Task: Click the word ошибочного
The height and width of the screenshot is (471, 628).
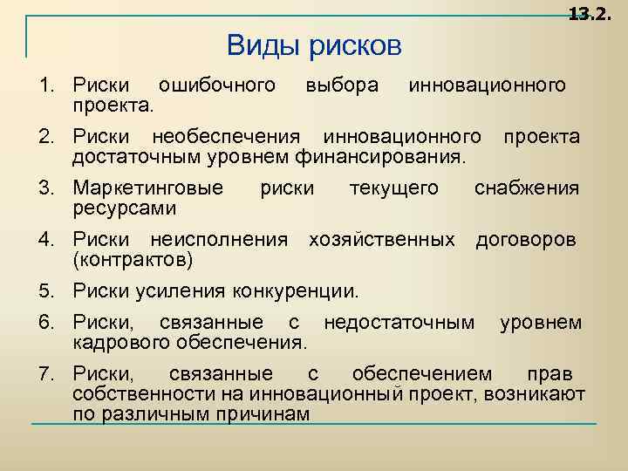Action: coord(215,85)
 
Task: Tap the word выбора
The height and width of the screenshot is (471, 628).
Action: coord(342,85)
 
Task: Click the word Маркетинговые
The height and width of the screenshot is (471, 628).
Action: coord(147,188)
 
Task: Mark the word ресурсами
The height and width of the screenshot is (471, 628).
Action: coord(125,209)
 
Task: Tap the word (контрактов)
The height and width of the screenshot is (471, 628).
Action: coord(133,260)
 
